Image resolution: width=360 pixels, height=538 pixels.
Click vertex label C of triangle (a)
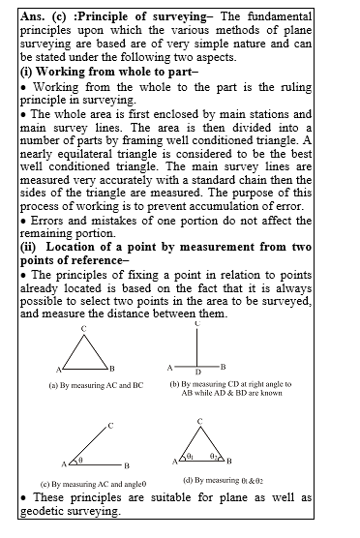84,330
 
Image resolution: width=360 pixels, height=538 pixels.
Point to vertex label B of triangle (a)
112,369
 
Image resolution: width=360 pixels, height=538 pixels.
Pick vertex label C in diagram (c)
111,425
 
